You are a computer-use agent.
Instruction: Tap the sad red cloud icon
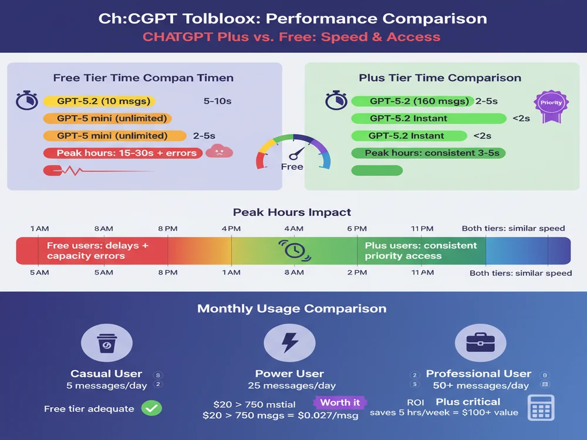(x=219, y=151)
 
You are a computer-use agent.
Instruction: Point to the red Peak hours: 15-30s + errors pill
(x=123, y=153)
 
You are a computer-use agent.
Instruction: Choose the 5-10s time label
(x=217, y=101)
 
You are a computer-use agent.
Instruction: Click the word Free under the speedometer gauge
(x=292, y=167)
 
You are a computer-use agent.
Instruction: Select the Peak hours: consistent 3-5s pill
(x=428, y=153)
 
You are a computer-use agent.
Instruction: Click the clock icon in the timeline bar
(x=293, y=250)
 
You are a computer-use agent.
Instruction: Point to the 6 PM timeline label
(x=357, y=228)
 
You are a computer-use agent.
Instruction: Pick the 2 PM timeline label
(x=357, y=272)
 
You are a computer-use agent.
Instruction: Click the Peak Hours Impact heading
(x=292, y=212)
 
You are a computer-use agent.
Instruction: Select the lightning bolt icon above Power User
(x=289, y=343)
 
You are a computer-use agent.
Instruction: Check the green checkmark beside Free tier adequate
(x=153, y=408)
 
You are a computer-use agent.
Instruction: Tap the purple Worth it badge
(x=340, y=402)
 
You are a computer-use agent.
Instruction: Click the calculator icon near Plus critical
(x=541, y=407)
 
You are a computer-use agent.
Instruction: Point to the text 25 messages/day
(x=289, y=385)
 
